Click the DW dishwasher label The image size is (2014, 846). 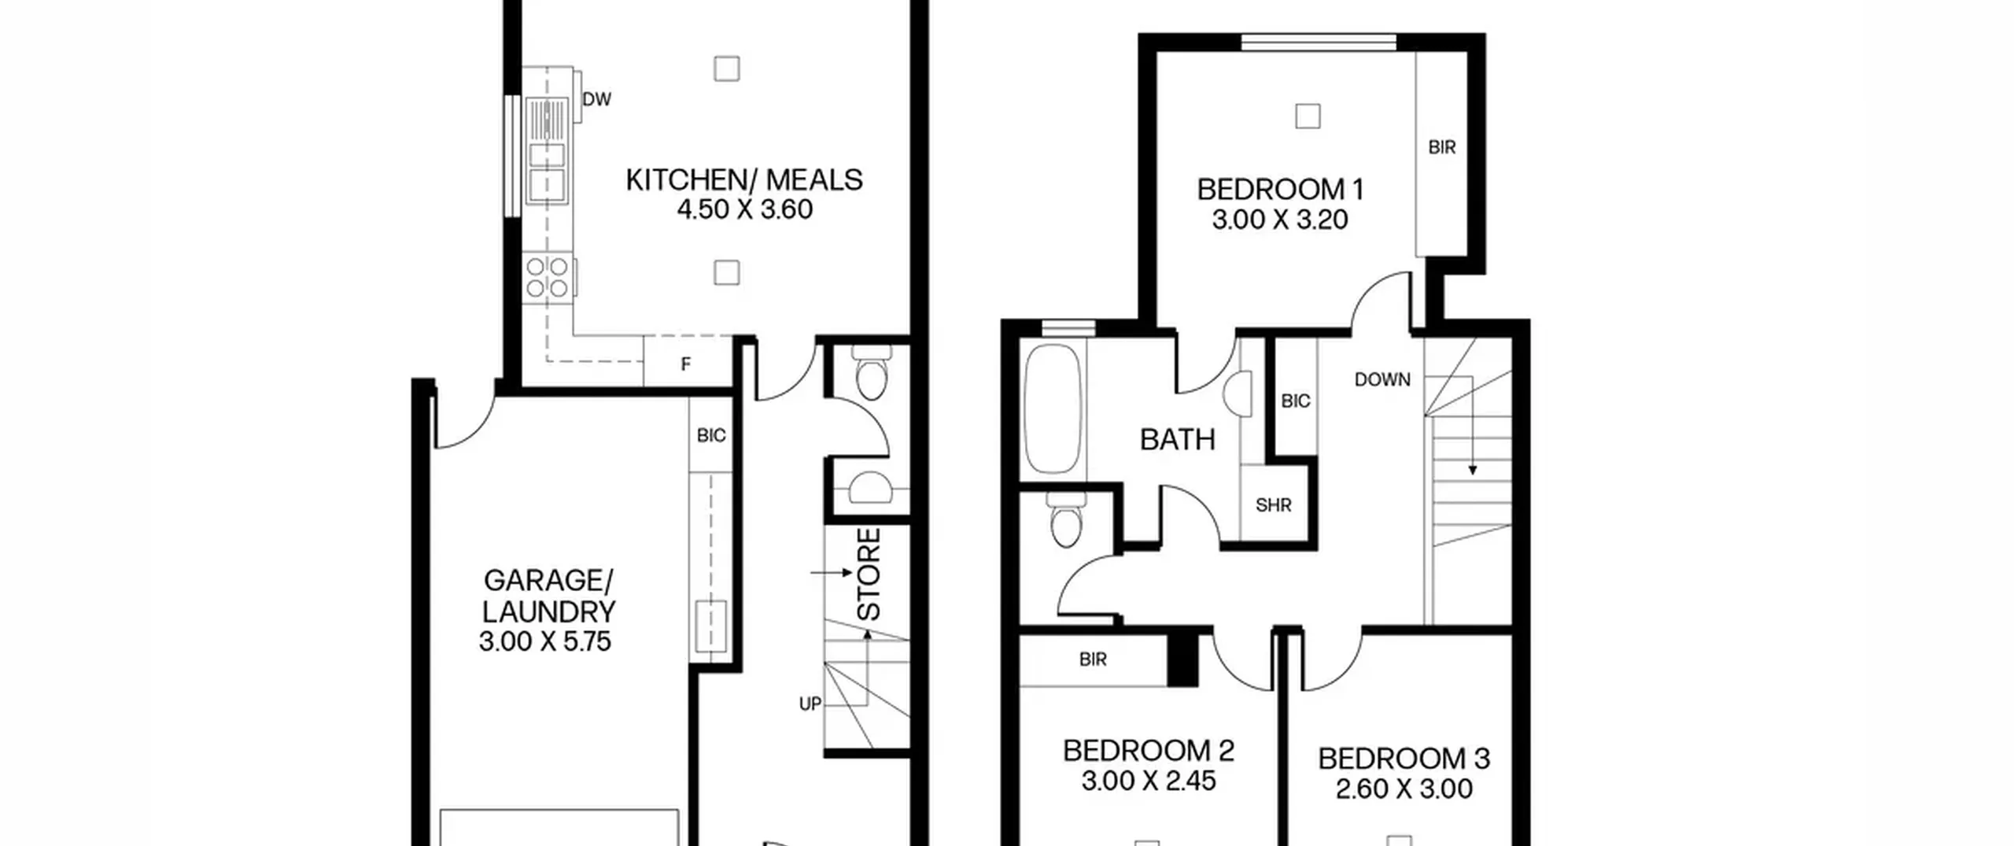pyautogui.click(x=596, y=99)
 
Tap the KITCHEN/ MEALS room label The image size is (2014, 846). pyautogui.click(x=744, y=180)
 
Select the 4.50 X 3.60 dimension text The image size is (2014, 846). pyautogui.click(x=744, y=210)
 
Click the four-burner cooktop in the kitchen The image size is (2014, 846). pyautogui.click(x=548, y=277)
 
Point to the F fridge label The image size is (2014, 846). pyautogui.click(x=686, y=364)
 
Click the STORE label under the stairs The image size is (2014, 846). pyautogui.click(x=868, y=574)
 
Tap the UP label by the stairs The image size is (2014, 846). pyautogui.click(x=810, y=704)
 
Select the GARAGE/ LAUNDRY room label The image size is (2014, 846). pyautogui.click(x=548, y=596)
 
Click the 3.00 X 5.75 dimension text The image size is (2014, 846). pyautogui.click(x=545, y=641)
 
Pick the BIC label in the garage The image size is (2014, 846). pyautogui.click(x=711, y=435)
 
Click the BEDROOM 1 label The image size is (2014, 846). pyautogui.click(x=1280, y=190)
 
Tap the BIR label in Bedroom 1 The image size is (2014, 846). pyautogui.click(x=1442, y=147)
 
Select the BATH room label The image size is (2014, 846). pyautogui.click(x=1178, y=439)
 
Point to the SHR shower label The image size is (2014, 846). pyautogui.click(x=1274, y=505)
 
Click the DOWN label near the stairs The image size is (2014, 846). pyautogui.click(x=1382, y=379)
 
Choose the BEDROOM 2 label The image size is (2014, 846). pyautogui.click(x=1149, y=751)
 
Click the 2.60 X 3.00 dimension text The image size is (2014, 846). pyautogui.click(x=1404, y=789)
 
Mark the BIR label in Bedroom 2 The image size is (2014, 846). pyautogui.click(x=1094, y=659)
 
